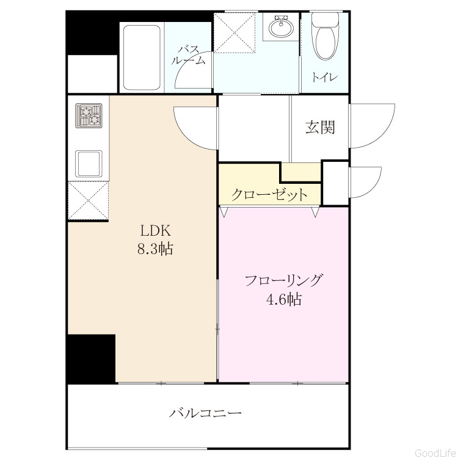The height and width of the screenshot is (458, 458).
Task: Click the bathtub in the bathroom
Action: point(142,58)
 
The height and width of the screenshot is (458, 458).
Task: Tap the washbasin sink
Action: point(281,27)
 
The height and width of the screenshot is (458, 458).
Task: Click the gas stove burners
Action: point(89,115)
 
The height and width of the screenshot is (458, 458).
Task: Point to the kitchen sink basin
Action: point(89,164)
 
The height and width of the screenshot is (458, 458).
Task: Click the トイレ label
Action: point(325,78)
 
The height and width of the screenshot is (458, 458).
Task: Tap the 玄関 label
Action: point(320,128)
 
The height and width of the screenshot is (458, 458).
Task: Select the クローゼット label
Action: point(269,194)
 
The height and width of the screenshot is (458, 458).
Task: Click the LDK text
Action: point(155,231)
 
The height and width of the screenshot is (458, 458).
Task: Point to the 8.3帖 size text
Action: point(155,249)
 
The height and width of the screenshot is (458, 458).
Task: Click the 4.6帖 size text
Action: point(284,299)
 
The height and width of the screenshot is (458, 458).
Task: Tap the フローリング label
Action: point(284,280)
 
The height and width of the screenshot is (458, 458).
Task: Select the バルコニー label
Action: point(205,413)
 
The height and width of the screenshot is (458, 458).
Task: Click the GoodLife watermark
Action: point(435,453)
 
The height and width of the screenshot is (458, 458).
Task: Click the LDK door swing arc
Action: point(187,137)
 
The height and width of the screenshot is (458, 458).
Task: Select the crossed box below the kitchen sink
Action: point(89,200)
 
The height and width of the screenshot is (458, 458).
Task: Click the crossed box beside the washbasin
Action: point(235,33)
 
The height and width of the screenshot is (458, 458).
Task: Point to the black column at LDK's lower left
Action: point(91,359)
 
